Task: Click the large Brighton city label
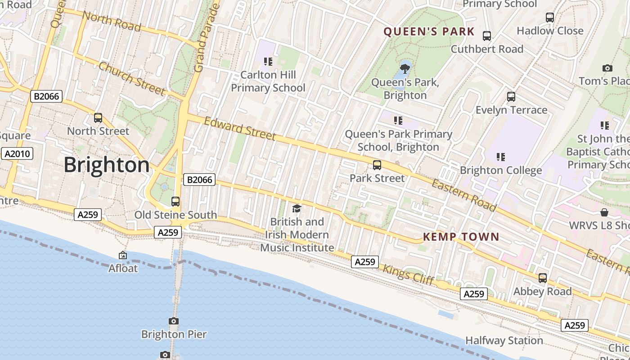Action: point(106,165)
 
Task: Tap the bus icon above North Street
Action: point(98,118)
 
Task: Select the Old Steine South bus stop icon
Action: point(175,202)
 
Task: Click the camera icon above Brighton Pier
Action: point(174,321)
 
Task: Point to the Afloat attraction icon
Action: point(123,256)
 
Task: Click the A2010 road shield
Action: point(17,154)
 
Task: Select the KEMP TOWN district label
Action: point(461,237)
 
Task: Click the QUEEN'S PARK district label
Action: point(429,31)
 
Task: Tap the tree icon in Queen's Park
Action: point(405,68)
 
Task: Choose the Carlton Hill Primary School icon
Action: point(268,61)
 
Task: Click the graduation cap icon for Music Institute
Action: point(297,208)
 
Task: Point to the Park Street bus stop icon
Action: point(377,165)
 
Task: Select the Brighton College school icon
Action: point(500,157)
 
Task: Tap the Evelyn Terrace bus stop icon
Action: point(511,97)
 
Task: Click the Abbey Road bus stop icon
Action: point(543,278)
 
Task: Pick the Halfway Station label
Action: point(504,341)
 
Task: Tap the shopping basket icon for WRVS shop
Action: point(604,212)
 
